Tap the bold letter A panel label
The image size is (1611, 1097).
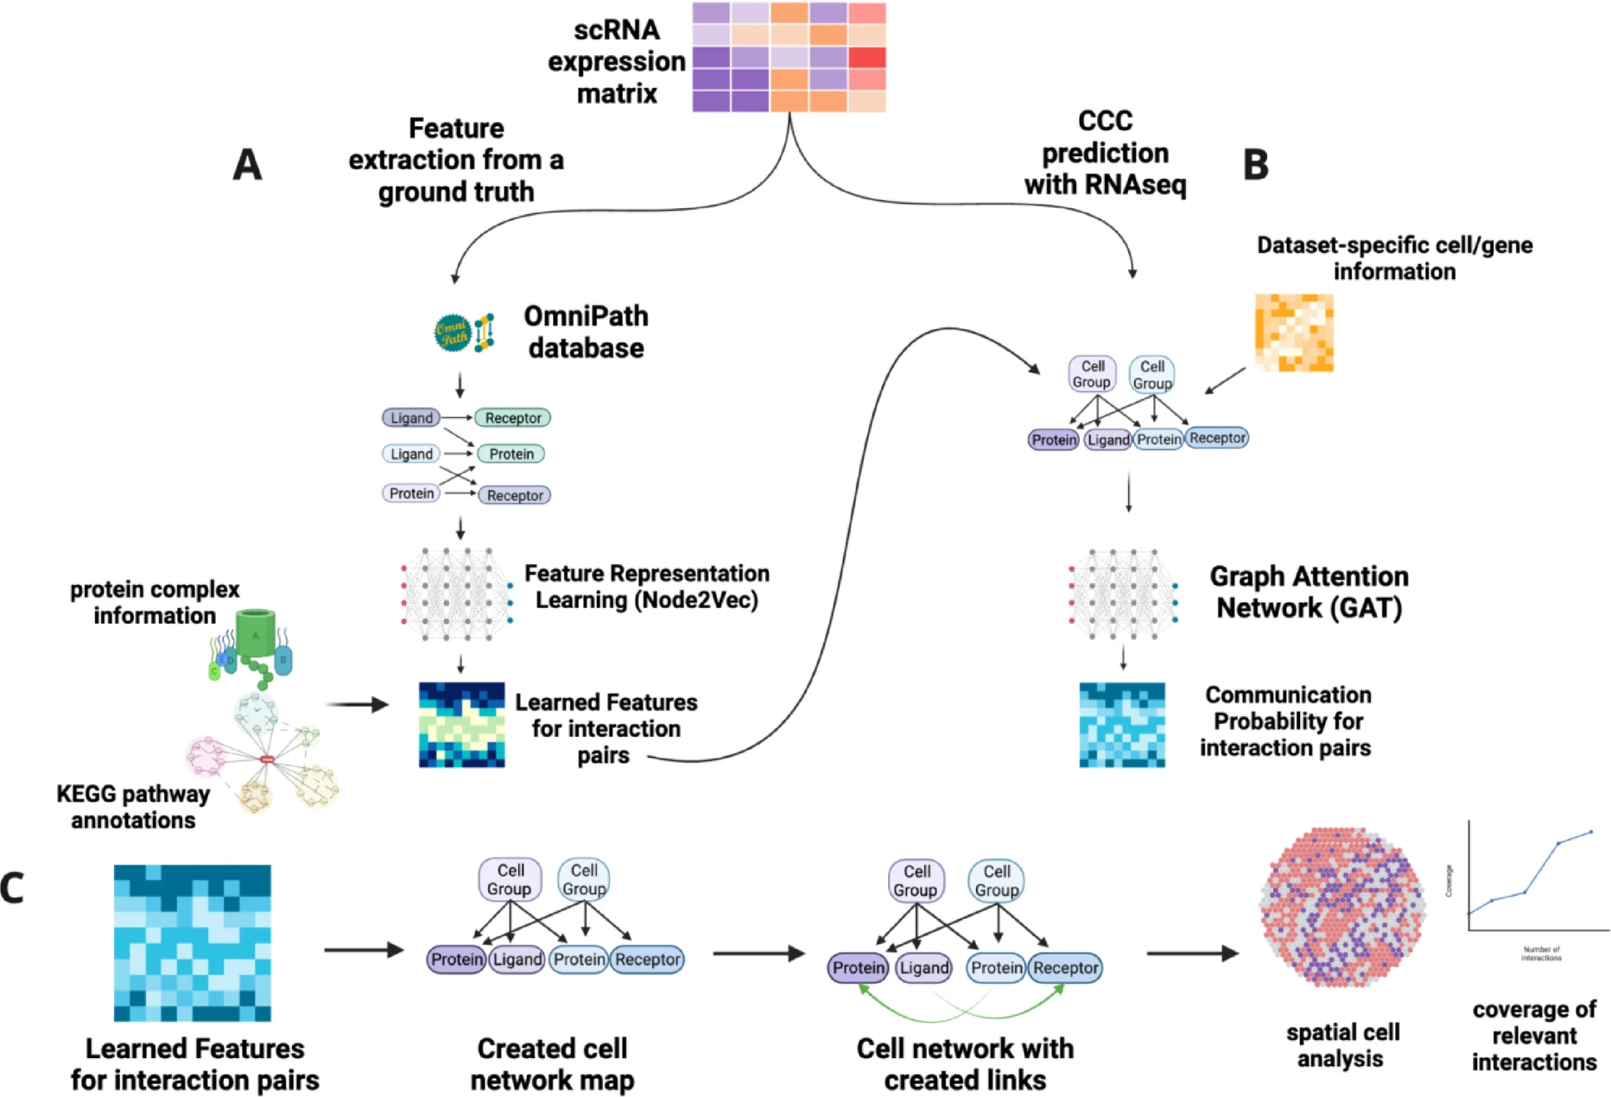(247, 164)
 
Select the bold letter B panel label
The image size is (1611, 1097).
(1255, 164)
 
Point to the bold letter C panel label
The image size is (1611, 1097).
(12, 888)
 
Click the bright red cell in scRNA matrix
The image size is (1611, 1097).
(866, 58)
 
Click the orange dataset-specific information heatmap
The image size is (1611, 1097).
(1293, 333)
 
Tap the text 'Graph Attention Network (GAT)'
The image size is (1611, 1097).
(1308, 593)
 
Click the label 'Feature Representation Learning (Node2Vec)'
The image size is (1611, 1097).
(646, 587)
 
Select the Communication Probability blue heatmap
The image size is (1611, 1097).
(1121, 725)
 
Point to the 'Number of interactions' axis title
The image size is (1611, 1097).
(1540, 954)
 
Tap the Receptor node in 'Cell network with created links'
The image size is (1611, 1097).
(1065, 968)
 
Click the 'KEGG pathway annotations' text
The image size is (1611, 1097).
(133, 807)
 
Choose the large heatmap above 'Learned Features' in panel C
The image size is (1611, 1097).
(192, 942)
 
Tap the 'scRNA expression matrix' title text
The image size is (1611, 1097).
(616, 62)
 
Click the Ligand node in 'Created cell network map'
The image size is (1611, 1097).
(517, 960)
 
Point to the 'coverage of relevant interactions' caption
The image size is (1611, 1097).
(1533, 1035)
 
